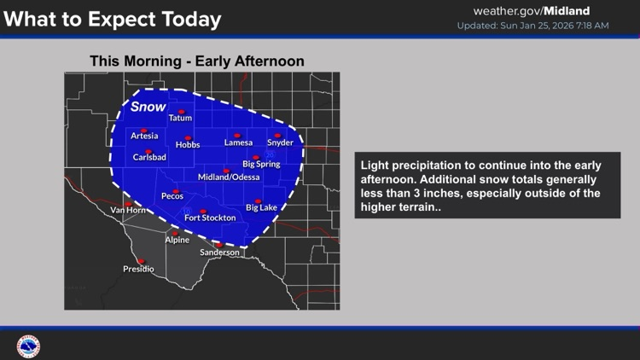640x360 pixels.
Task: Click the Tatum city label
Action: tap(180, 118)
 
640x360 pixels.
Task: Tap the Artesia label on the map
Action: tap(144, 136)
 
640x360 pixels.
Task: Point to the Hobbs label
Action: tap(188, 145)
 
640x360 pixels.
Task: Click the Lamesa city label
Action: tap(238, 142)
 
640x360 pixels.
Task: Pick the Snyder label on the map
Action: tap(280, 142)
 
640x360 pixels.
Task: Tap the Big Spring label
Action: tap(260, 163)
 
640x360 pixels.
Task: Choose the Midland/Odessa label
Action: tap(226, 177)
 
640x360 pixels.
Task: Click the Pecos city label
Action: tap(172, 197)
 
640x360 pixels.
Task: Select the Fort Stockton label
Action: tap(209, 218)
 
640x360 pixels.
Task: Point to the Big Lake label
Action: tap(261, 207)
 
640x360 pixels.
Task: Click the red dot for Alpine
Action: tap(176, 233)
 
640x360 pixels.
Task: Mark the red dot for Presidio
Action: tap(142, 262)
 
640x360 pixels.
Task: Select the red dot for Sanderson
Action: tap(219, 246)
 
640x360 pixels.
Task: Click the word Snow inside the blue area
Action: tap(148, 107)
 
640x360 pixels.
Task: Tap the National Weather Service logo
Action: tap(28, 346)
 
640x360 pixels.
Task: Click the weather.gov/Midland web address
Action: tap(542, 11)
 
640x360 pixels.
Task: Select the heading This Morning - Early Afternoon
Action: tap(197, 61)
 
